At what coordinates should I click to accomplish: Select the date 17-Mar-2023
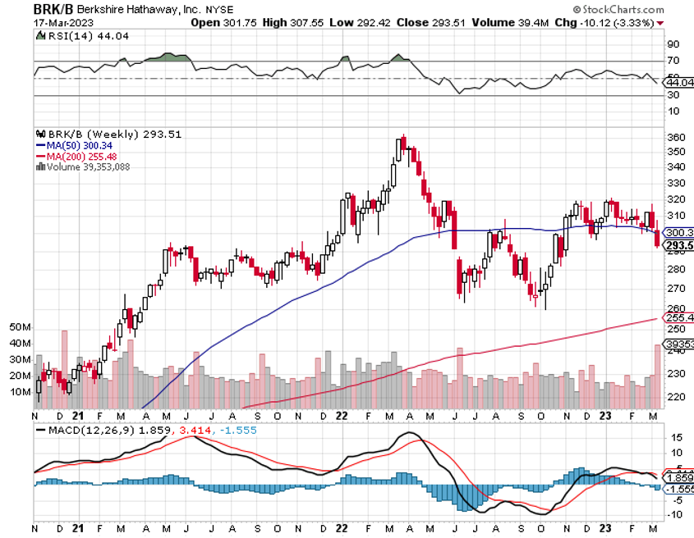pos(36,22)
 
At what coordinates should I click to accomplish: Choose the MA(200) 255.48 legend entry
pos(81,156)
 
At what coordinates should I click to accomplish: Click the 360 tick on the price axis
pos(677,137)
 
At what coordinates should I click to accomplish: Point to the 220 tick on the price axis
pos(677,397)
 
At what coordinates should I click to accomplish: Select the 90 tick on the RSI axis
pos(673,44)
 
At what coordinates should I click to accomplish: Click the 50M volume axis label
pos(21,327)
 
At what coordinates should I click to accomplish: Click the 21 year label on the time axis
pos(78,530)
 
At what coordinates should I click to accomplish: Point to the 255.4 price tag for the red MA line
pos(678,317)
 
